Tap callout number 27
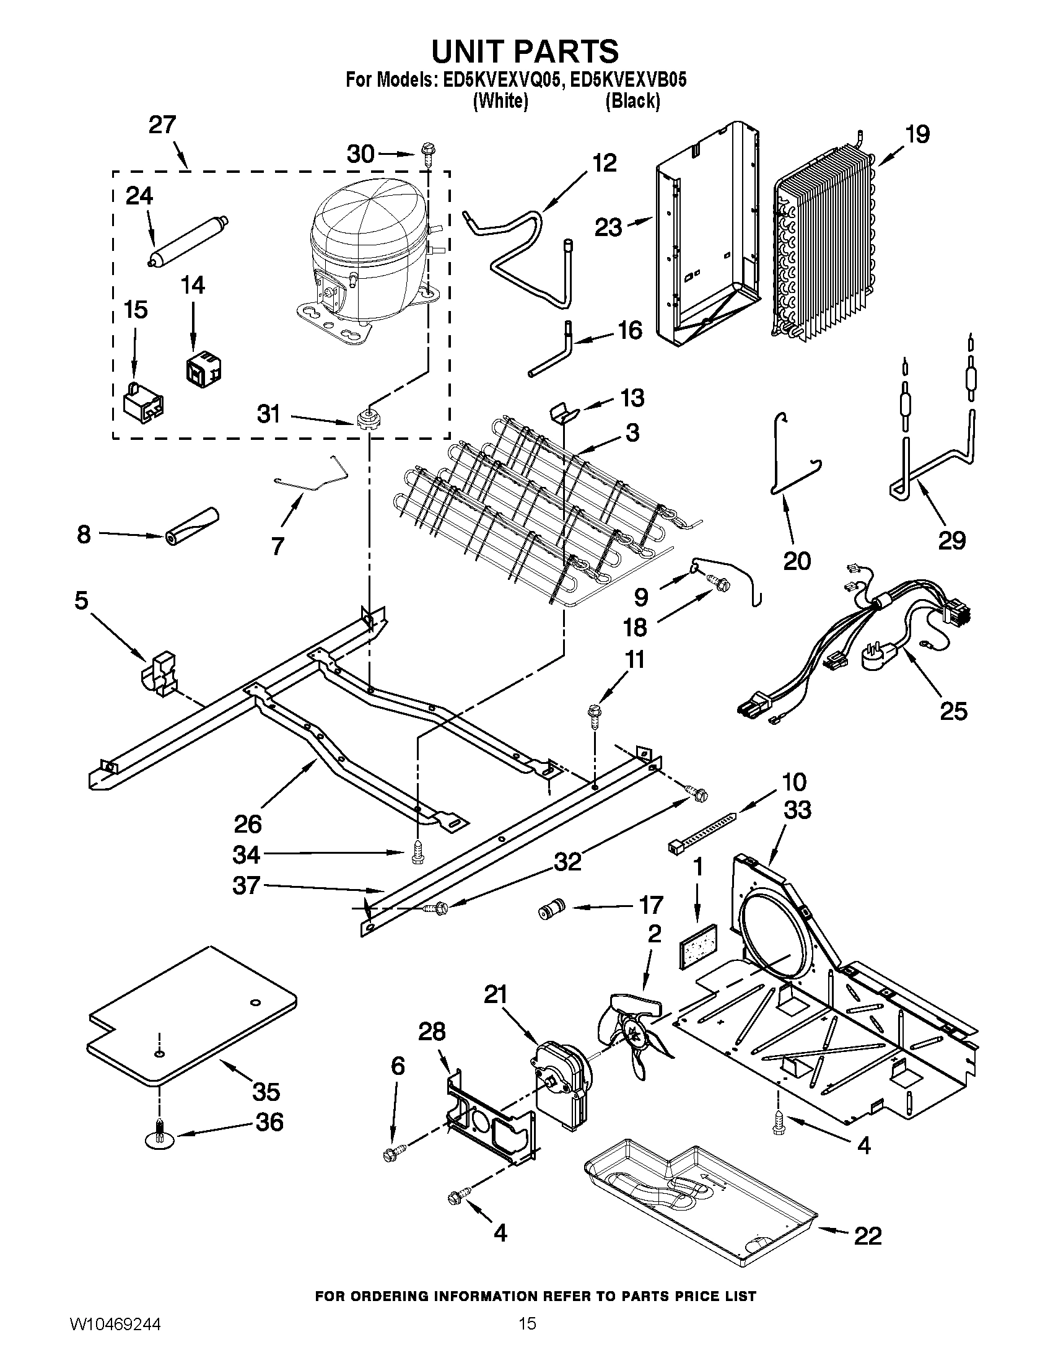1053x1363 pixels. [x=162, y=125]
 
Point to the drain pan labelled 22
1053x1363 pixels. [x=699, y=1207]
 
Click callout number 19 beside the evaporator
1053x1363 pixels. [x=917, y=134]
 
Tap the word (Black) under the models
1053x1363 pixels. [x=632, y=101]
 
